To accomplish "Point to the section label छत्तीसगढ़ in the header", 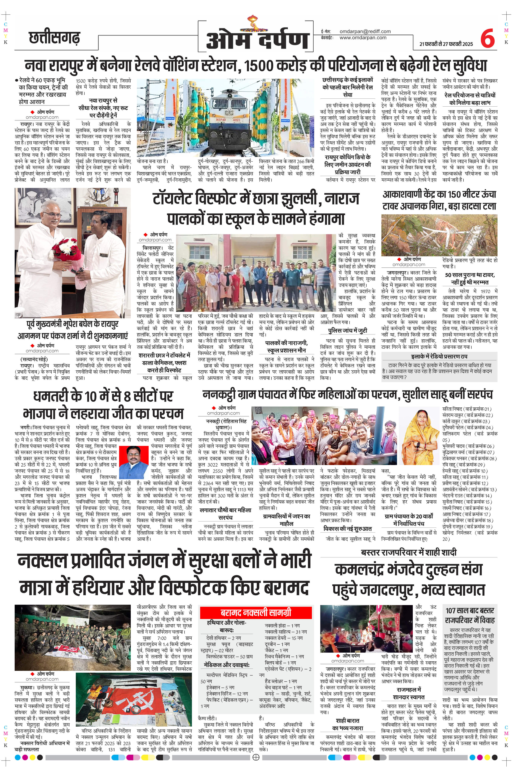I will point(54,38).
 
